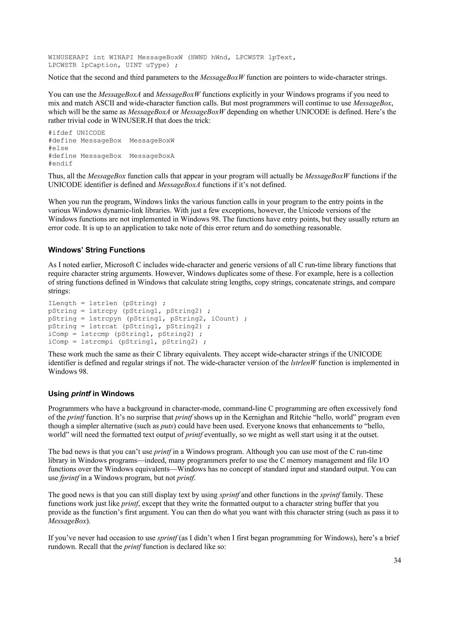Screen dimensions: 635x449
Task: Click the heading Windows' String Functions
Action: [x=96, y=250]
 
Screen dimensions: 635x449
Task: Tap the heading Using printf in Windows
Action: [x=91, y=394]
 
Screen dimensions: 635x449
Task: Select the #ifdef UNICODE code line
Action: [x=77, y=133]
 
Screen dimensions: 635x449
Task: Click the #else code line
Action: [x=58, y=148]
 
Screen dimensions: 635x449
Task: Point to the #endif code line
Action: [x=60, y=164]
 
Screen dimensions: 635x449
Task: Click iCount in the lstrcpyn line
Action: [x=225, y=319]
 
